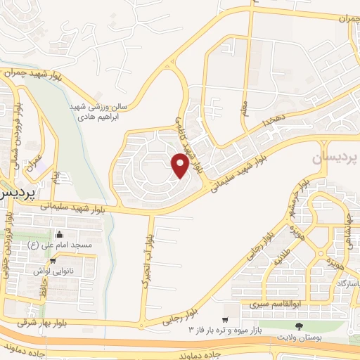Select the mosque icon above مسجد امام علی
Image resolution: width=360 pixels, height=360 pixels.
pos(59,234)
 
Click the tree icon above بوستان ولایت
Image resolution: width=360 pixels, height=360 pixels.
pos(300,326)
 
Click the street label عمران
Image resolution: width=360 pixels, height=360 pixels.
pos(31,160)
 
